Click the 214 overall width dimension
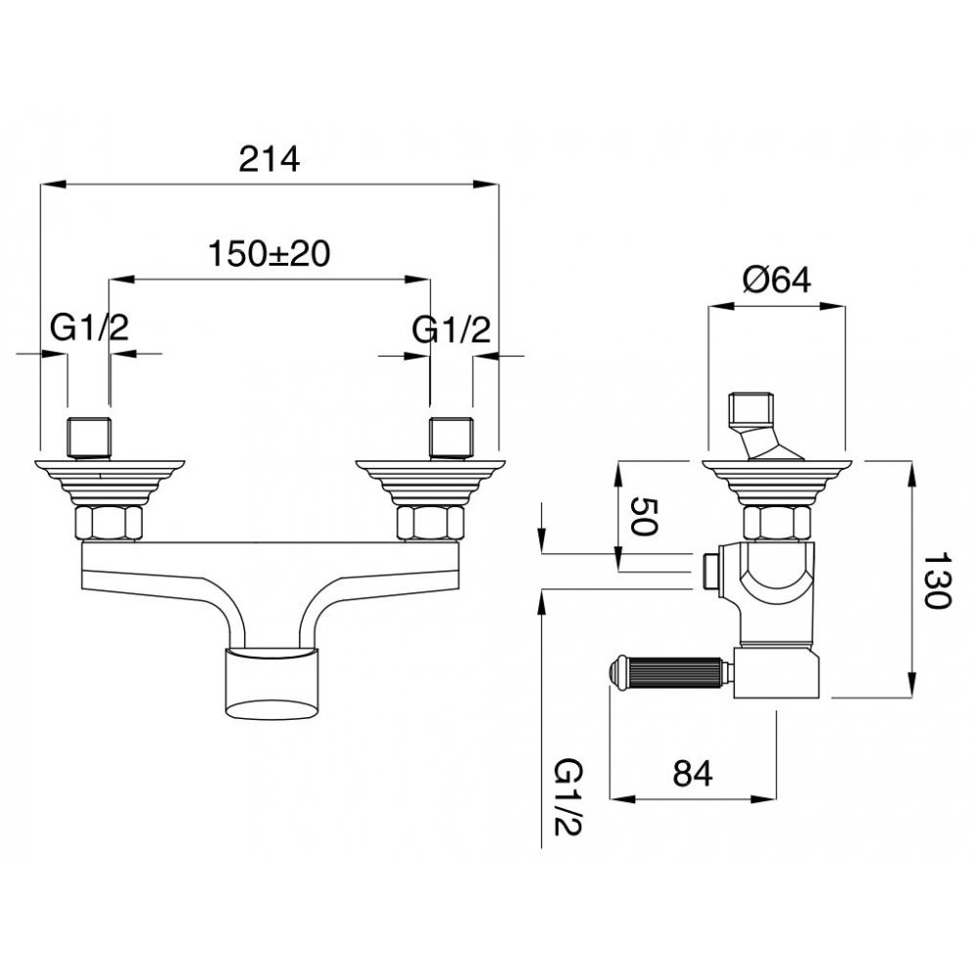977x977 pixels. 270,159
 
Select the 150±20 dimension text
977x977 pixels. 270,254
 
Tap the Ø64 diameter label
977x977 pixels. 777,279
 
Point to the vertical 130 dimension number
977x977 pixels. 936,580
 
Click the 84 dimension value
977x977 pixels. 693,774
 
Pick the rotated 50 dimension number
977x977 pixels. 644,517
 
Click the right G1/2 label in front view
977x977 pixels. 451,329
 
